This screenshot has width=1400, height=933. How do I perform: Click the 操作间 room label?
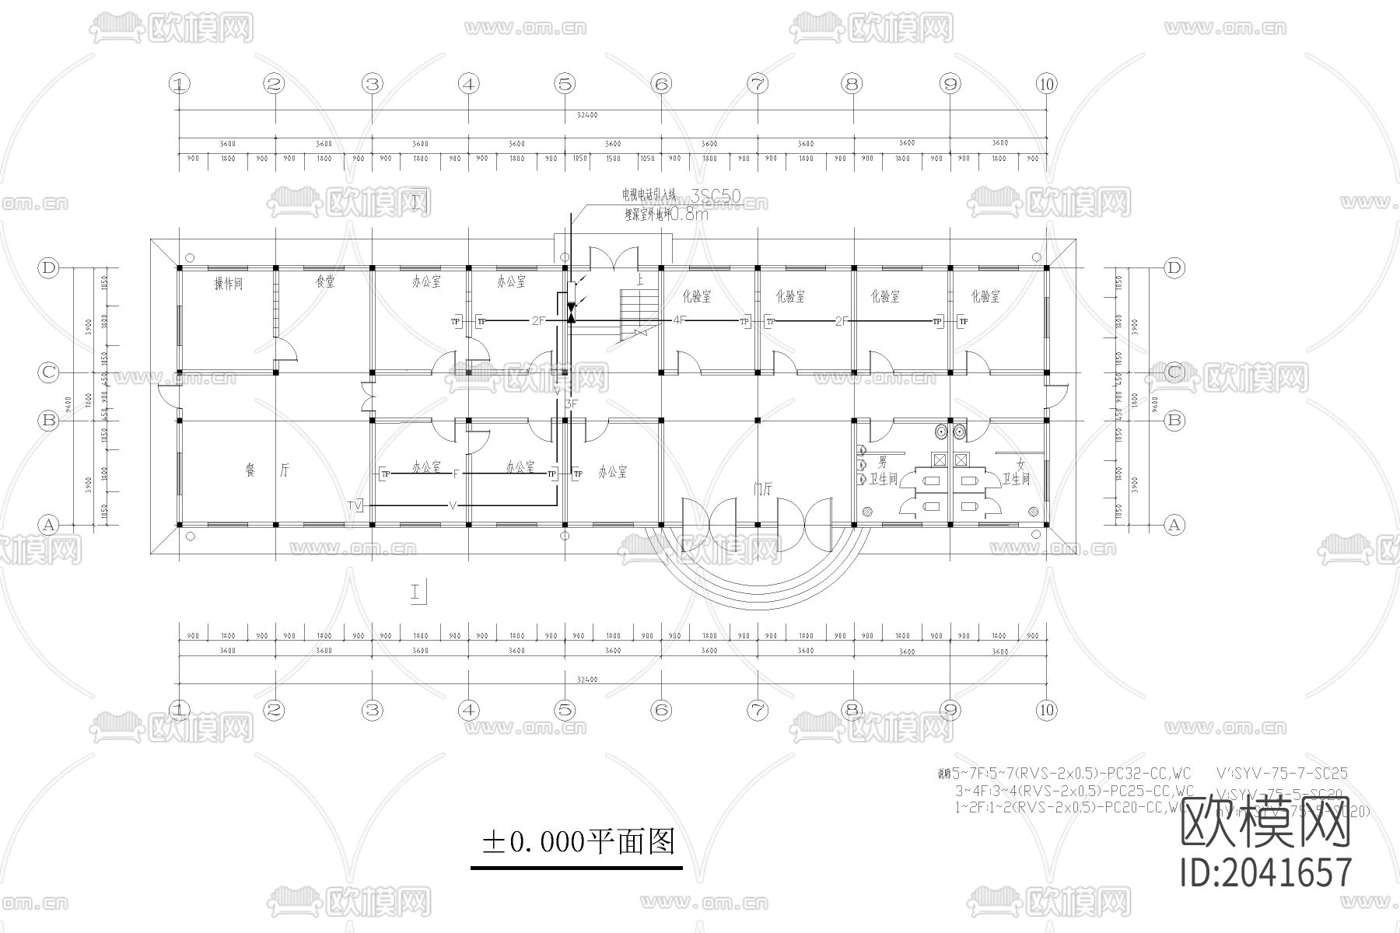click(x=228, y=284)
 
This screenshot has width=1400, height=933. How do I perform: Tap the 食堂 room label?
click(x=325, y=282)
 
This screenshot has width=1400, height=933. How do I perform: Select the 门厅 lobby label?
click(x=762, y=488)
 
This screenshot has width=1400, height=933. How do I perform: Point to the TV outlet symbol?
click(x=355, y=506)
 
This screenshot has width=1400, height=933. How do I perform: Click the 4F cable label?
click(x=679, y=320)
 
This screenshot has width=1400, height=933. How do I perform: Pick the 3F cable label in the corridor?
click(x=572, y=404)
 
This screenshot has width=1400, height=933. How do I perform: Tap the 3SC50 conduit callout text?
click(x=716, y=197)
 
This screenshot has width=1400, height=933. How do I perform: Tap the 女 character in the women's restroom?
click(x=1020, y=464)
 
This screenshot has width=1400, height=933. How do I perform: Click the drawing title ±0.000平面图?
click(x=578, y=841)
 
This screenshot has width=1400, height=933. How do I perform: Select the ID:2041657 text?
click(x=1266, y=872)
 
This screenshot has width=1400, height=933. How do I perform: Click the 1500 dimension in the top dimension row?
click(x=613, y=159)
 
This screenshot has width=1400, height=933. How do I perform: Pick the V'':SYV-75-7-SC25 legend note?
click(x=1280, y=774)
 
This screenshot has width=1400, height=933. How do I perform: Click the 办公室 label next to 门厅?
click(x=612, y=472)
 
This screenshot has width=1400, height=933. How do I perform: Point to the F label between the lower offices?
click(x=456, y=473)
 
